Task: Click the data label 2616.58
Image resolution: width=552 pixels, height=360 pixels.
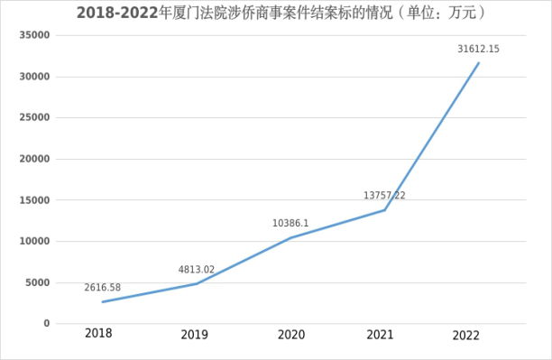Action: click(x=103, y=288)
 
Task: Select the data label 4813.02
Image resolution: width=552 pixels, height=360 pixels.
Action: click(x=197, y=269)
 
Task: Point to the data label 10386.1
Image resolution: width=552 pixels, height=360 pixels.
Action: click(x=291, y=223)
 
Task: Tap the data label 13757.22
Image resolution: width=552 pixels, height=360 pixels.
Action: click(x=384, y=195)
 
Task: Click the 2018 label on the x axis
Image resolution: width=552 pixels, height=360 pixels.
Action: click(x=99, y=334)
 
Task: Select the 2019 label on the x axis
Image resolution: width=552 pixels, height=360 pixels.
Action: click(x=194, y=335)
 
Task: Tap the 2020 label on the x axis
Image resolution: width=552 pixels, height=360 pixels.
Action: click(x=289, y=335)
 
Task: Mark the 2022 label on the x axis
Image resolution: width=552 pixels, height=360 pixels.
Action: click(x=466, y=335)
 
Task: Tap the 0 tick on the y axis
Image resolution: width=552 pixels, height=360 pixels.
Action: click(x=47, y=323)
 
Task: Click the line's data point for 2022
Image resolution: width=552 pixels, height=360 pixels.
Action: click(x=479, y=62)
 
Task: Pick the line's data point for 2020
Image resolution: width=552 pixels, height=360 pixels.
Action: click(x=290, y=238)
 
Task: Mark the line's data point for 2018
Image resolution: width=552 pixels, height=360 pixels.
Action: click(x=102, y=301)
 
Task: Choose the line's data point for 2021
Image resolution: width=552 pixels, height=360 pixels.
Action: click(x=385, y=210)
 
